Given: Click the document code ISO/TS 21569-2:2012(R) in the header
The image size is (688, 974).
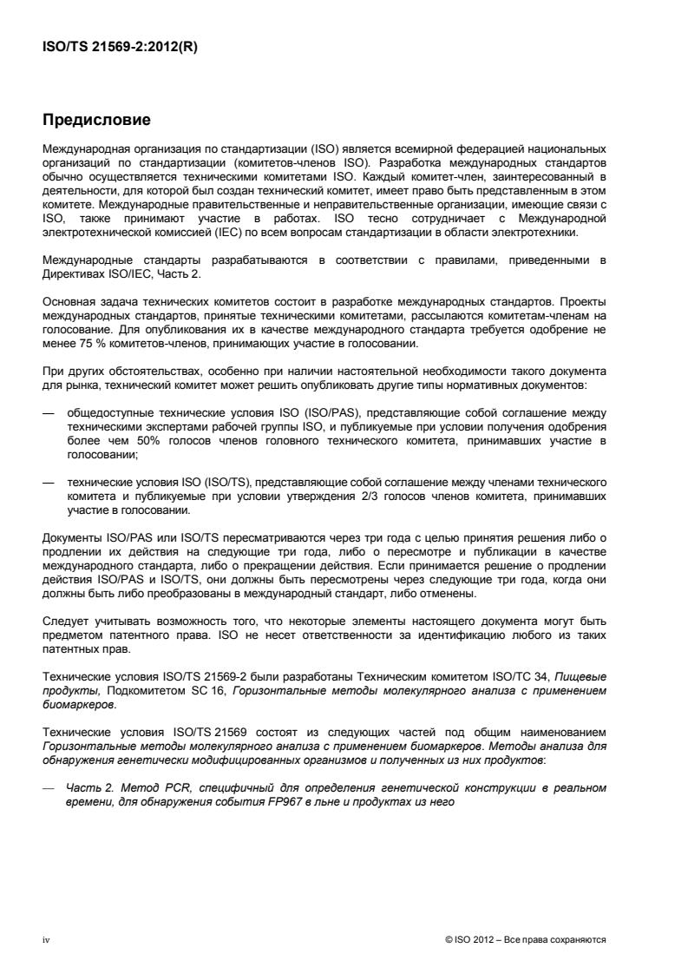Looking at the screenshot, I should (121, 48).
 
